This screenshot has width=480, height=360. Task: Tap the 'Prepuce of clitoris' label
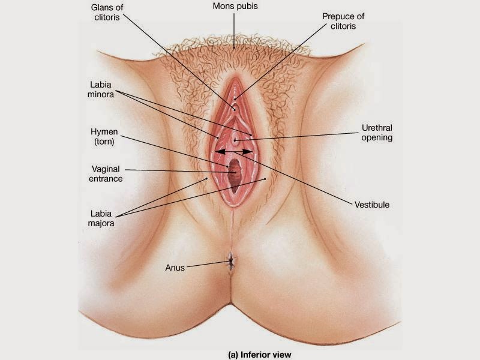[x=343, y=21]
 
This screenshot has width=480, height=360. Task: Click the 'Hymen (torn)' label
[x=104, y=136]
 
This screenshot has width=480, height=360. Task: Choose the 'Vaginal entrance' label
[x=107, y=173]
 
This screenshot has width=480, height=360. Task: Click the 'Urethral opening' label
[x=377, y=133]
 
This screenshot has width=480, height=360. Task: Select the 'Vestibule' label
[x=372, y=205]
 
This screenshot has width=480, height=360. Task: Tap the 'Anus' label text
[x=175, y=268]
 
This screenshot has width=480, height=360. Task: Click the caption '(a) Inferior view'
[x=259, y=355]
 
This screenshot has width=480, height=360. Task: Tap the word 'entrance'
[x=107, y=179]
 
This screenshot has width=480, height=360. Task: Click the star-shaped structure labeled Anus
[x=230, y=261]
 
